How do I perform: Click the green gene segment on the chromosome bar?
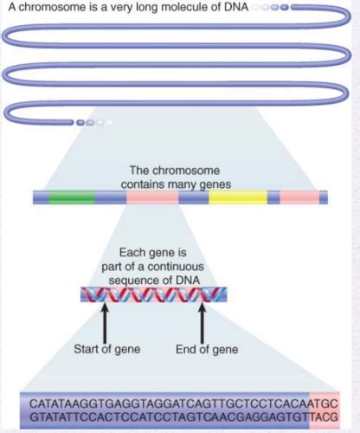(x=72, y=197)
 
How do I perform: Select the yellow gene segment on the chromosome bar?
(x=238, y=197)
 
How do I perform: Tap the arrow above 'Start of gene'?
(x=106, y=323)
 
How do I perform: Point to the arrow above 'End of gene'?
(x=202, y=323)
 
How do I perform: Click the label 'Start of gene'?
(x=107, y=349)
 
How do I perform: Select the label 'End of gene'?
(x=207, y=349)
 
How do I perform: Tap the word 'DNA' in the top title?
(x=235, y=7)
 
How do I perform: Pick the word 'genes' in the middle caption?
(x=215, y=184)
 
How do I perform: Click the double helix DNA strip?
(x=154, y=294)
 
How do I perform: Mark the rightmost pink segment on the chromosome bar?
(x=299, y=197)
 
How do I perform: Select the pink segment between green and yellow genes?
(x=152, y=197)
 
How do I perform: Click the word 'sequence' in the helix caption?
(x=132, y=281)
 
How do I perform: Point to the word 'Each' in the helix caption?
(x=130, y=253)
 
